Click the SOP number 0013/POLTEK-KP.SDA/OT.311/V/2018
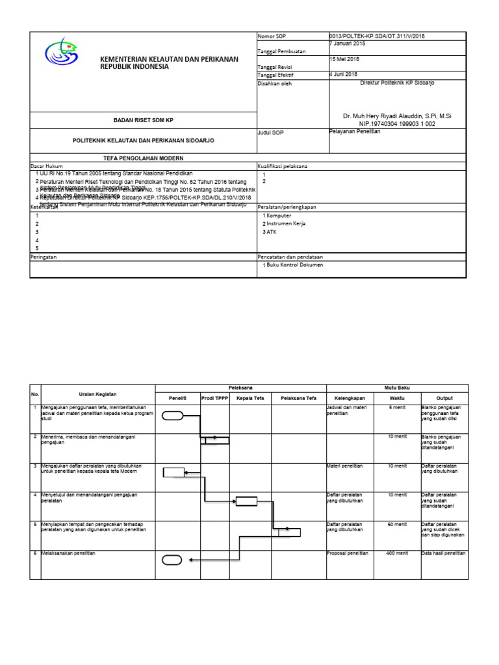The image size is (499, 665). (x=377, y=36)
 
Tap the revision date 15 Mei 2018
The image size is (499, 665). (x=345, y=59)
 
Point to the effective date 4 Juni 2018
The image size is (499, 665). (x=344, y=75)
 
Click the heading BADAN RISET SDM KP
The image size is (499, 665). (x=144, y=120)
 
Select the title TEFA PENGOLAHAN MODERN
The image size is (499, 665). (x=144, y=158)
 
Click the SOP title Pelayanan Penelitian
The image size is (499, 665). (x=355, y=132)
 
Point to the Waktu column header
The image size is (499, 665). (x=396, y=398)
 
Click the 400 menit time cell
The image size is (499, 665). (x=396, y=553)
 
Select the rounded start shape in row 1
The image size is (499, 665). (x=172, y=416)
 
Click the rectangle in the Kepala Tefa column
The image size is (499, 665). (x=246, y=501)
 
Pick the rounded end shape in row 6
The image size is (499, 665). (x=172, y=560)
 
